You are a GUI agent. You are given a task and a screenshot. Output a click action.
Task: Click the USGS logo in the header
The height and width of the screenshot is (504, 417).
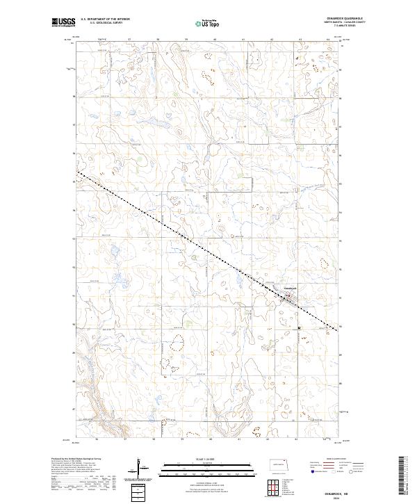click(x=63, y=23)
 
